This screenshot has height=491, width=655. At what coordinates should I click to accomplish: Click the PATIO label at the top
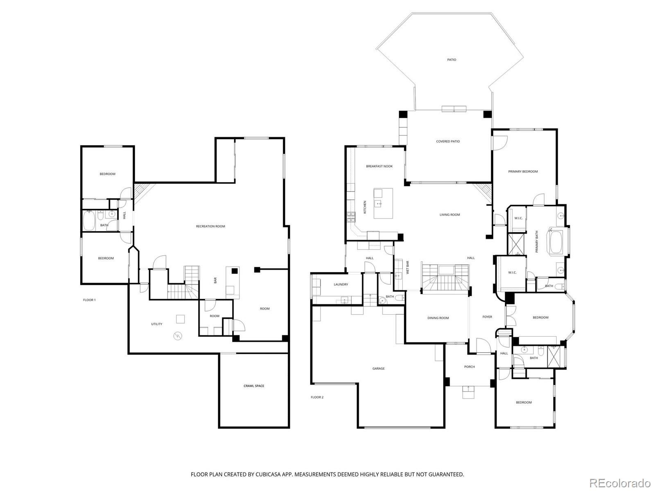point(451,60)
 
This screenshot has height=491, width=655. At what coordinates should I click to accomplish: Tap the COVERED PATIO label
point(447,142)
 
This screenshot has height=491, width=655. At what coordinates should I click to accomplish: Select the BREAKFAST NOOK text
point(379,166)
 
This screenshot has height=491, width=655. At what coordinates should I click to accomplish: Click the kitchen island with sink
point(383,203)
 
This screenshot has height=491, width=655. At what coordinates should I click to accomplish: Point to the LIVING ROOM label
point(449,214)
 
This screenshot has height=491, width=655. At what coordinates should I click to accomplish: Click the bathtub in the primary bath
point(556,242)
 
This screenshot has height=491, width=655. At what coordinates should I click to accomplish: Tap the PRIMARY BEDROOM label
point(523,171)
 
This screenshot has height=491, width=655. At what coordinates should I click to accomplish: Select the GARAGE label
point(378,369)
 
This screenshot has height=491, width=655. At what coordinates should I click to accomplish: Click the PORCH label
point(469,367)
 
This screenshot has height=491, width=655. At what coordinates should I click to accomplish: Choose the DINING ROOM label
point(438,318)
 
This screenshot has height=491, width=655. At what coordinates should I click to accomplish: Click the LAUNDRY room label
point(341,284)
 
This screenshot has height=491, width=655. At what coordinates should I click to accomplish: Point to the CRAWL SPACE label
point(254,386)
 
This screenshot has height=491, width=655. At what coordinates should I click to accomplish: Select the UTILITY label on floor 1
point(156,324)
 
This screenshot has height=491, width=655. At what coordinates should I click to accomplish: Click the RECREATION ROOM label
point(210,226)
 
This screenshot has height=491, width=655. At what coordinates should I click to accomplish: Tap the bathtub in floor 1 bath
point(89,221)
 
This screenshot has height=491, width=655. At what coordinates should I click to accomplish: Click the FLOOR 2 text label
point(317,397)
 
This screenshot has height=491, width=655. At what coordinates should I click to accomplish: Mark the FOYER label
point(487,317)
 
